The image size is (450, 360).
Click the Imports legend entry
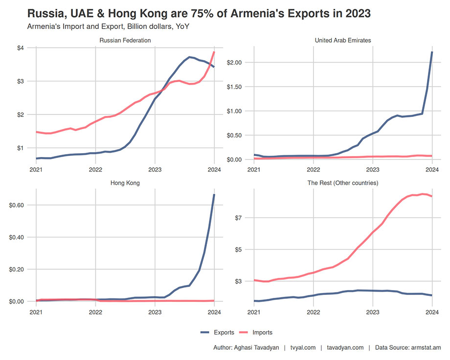(x=262, y=333)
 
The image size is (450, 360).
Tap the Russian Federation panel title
(x=125, y=40)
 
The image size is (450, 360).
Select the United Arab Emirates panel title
(x=343, y=40)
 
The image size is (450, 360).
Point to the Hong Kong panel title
(x=125, y=183)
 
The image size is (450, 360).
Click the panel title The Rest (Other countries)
(x=343, y=183)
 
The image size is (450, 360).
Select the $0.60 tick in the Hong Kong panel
(x=18, y=205)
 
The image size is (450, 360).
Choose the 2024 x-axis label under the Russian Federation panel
(x=214, y=170)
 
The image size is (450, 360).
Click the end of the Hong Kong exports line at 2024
(x=214, y=195)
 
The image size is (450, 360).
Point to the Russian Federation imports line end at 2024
(x=214, y=52)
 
